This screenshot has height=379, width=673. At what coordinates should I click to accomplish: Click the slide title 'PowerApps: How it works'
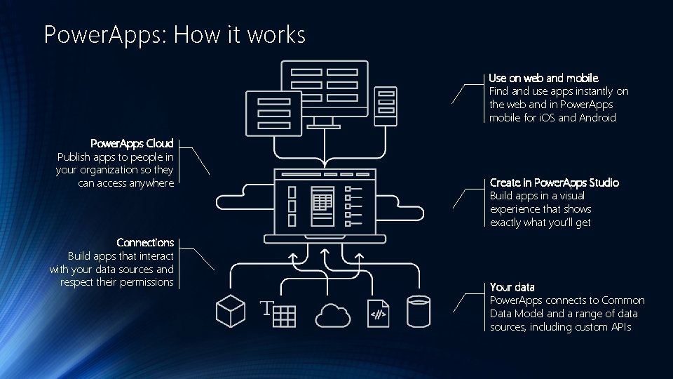tap(175, 34)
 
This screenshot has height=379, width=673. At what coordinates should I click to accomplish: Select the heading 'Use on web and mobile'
tap(543, 78)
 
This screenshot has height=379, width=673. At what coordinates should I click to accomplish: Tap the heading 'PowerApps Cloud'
tap(132, 144)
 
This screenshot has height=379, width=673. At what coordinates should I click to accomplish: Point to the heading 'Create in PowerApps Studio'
tap(554, 183)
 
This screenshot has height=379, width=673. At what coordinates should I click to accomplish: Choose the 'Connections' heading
tap(145, 243)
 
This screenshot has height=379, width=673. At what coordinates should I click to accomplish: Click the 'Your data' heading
tap(512, 287)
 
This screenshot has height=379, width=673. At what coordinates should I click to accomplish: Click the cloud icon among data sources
tap(332, 314)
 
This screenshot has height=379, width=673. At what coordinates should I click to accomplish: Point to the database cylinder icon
tap(418, 312)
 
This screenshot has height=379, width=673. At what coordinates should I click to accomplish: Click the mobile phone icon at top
tap(386, 106)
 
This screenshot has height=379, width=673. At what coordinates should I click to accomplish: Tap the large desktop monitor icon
tap(324, 89)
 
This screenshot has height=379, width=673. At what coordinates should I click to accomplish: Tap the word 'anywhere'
tap(150, 183)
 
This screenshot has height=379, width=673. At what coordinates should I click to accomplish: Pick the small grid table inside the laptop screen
tap(322, 202)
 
